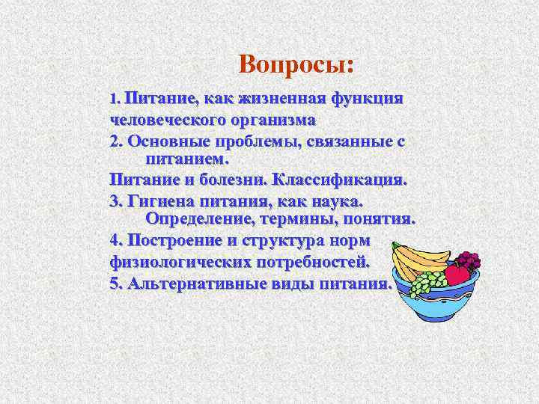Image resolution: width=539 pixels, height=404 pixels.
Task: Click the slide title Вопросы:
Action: tap(295, 64)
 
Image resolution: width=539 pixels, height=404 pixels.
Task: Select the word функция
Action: tap(368, 100)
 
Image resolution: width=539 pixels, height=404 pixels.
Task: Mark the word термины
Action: tap(295, 219)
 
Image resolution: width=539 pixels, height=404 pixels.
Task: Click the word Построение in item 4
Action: tap(177, 241)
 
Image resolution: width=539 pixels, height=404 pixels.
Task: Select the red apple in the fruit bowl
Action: tap(456, 275)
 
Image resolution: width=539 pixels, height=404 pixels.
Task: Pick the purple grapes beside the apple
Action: tap(468, 260)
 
